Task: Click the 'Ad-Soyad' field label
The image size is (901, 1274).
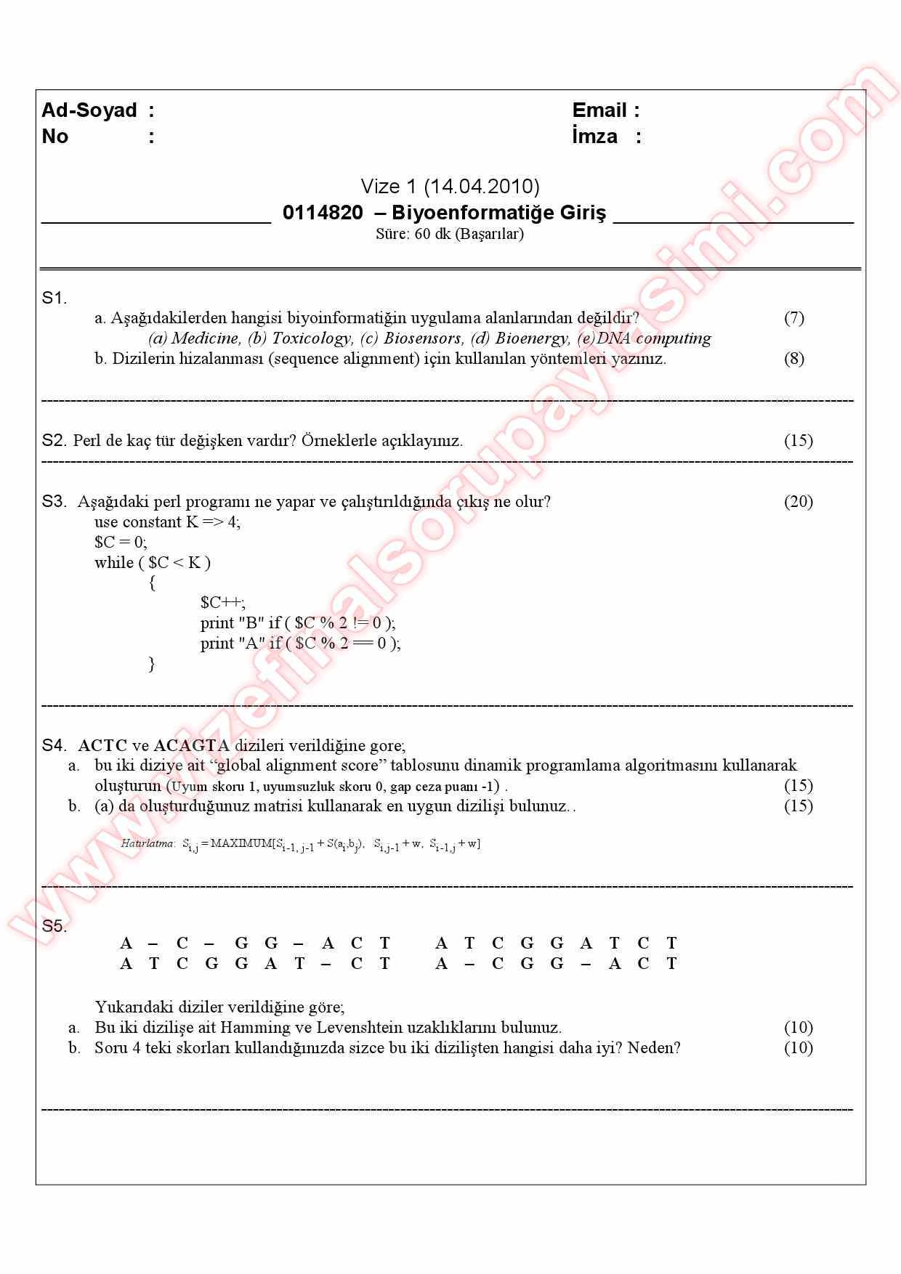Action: (x=89, y=110)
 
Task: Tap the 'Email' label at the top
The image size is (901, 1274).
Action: (x=599, y=110)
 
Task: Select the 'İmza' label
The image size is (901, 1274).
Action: (x=594, y=137)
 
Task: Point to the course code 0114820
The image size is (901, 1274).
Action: (x=323, y=213)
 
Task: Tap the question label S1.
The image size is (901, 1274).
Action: (x=54, y=298)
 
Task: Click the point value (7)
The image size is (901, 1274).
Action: (x=793, y=318)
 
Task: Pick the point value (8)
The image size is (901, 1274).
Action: (x=793, y=359)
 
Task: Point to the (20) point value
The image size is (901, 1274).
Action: (x=798, y=502)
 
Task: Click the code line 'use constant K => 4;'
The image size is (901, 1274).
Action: (x=167, y=522)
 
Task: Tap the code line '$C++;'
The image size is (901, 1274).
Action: (x=223, y=603)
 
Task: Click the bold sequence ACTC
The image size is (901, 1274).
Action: (x=102, y=746)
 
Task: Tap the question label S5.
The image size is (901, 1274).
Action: (x=54, y=926)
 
